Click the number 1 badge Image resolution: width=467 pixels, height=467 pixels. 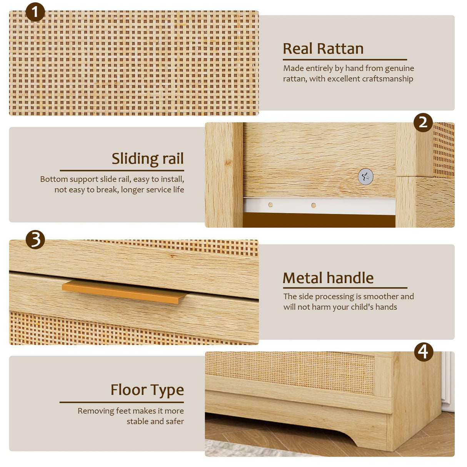click(35, 12)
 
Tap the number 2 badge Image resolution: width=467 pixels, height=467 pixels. click(423, 122)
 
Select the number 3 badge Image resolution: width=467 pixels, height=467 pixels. click(35, 240)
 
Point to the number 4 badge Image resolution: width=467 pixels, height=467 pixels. click(423, 352)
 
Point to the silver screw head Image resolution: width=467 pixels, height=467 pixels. click(365, 177)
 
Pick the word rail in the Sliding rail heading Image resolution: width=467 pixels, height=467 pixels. click(173, 159)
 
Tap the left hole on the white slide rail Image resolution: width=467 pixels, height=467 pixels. click(270, 205)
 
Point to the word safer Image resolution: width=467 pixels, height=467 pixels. click(175, 421)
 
